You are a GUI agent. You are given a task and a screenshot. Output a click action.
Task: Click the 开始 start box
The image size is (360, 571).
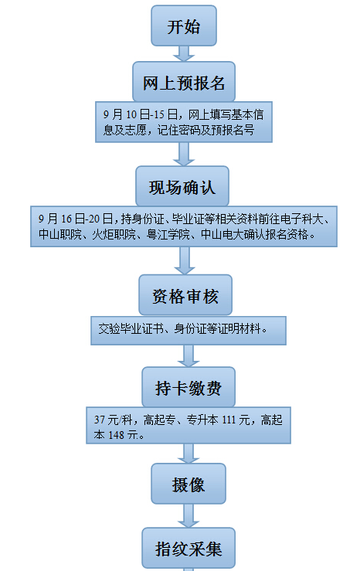(184, 25)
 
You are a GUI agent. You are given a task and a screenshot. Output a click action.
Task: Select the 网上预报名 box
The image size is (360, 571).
(184, 82)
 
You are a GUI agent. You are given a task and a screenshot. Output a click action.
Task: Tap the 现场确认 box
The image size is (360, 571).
(182, 186)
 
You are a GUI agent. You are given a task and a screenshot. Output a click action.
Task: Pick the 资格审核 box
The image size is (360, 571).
(185, 295)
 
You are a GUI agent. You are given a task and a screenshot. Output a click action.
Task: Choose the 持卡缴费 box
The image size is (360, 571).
(188, 387)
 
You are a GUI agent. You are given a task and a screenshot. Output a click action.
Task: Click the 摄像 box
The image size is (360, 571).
(188, 484)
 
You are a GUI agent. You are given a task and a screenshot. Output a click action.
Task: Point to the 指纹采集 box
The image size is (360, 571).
(188, 548)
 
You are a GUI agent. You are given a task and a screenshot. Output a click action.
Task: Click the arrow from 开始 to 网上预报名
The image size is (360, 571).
(184, 53)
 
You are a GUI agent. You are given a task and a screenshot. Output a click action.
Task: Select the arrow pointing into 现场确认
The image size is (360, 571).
(184, 154)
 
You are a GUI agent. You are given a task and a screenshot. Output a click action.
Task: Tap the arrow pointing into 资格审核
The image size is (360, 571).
(185, 260)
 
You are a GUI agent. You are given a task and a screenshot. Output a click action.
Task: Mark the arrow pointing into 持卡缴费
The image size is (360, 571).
(188, 355)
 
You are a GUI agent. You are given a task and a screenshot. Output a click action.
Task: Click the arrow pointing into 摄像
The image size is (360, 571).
(188, 454)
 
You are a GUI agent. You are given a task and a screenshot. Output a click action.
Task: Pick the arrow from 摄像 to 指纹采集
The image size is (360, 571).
(188, 515)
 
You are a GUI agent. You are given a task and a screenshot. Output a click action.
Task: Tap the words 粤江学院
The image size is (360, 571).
(168, 234)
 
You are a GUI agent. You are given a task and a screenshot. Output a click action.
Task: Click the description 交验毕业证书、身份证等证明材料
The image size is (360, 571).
(180, 329)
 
